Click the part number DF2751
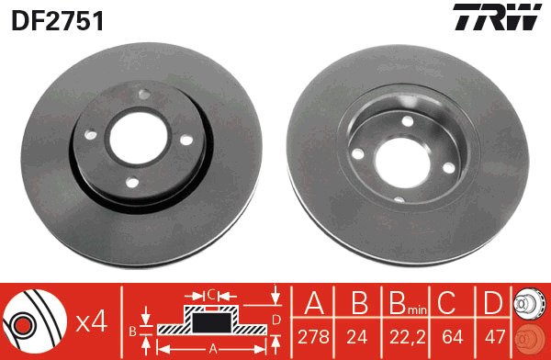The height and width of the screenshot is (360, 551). click(58, 20)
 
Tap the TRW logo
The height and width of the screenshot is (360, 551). click(497, 17)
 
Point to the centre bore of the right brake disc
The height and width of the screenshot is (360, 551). click(403, 163)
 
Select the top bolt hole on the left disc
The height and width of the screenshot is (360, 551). click(144, 94)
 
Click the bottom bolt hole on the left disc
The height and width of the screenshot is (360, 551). click(132, 182)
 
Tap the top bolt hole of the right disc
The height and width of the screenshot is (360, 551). click(407, 121)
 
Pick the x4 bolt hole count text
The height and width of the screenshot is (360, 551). click(92, 322)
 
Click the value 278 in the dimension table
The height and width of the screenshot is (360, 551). click(313, 337)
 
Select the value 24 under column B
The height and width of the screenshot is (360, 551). click(357, 337)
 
